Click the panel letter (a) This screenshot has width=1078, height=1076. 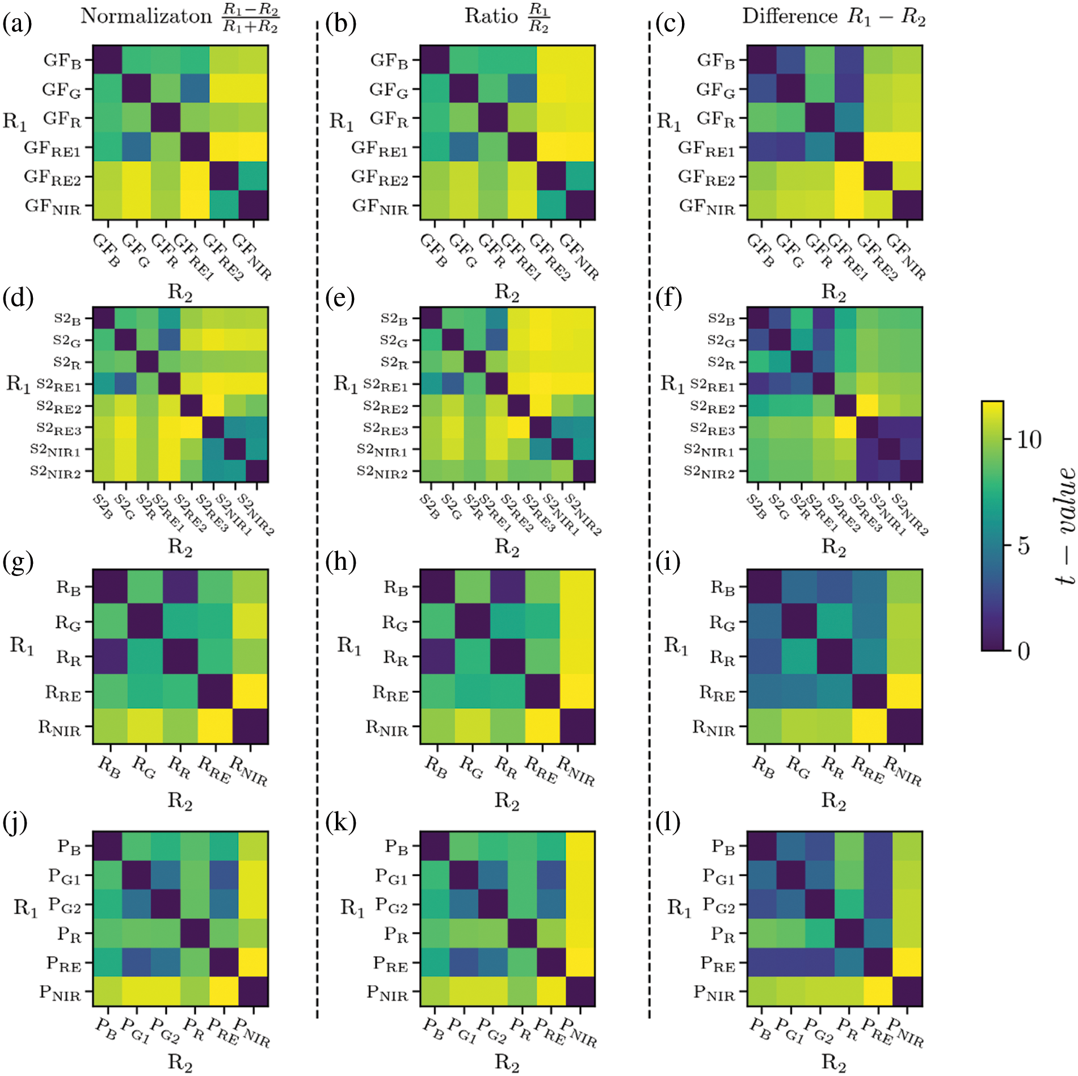click(x=17, y=24)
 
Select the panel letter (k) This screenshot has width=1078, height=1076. click(x=340, y=821)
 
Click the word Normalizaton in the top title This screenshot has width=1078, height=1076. click(x=146, y=16)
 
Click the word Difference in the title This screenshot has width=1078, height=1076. click(x=789, y=16)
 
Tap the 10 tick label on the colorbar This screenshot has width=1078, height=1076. click(x=1028, y=439)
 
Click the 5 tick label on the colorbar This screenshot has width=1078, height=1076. click(x=1023, y=545)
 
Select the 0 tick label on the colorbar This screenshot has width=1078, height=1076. click(x=1023, y=651)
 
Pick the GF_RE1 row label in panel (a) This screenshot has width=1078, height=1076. click(x=52, y=149)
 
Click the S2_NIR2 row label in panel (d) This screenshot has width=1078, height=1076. click(x=56, y=472)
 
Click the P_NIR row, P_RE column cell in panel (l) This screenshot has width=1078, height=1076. click(x=878, y=991)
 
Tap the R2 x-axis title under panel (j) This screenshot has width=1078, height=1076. click(x=180, y=1061)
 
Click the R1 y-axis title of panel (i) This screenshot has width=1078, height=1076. click(x=676, y=645)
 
